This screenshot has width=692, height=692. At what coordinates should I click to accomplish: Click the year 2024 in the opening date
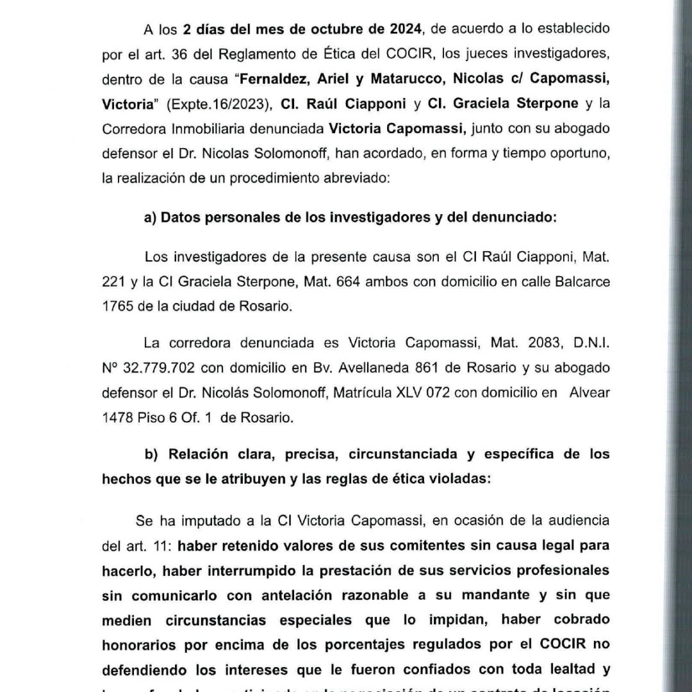pyautogui.click(x=405, y=29)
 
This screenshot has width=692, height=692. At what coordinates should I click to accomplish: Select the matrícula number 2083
pyautogui.click(x=526, y=343)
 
